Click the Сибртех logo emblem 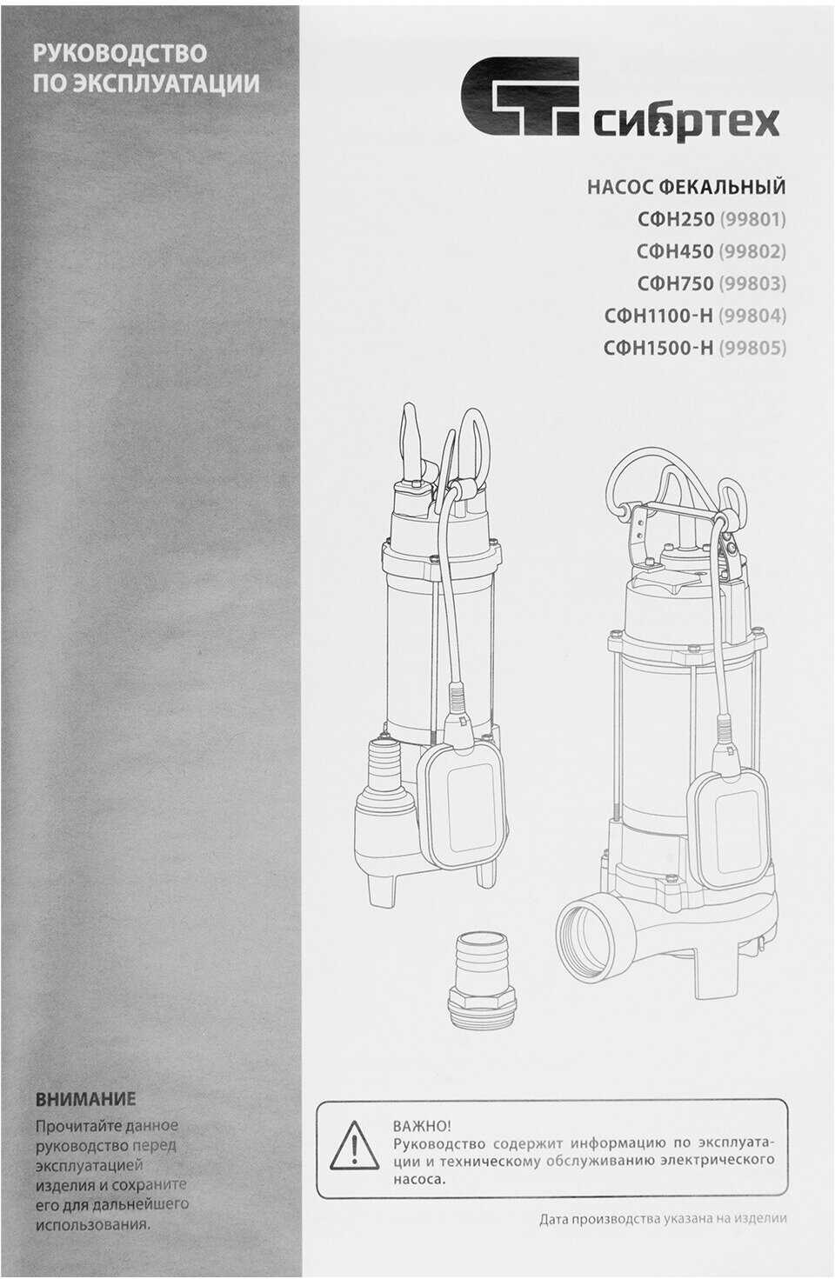520,97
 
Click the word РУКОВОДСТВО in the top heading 120,54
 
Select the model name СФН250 676,219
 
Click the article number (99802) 752,251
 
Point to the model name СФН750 676,283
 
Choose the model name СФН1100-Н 659,315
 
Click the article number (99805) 752,348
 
